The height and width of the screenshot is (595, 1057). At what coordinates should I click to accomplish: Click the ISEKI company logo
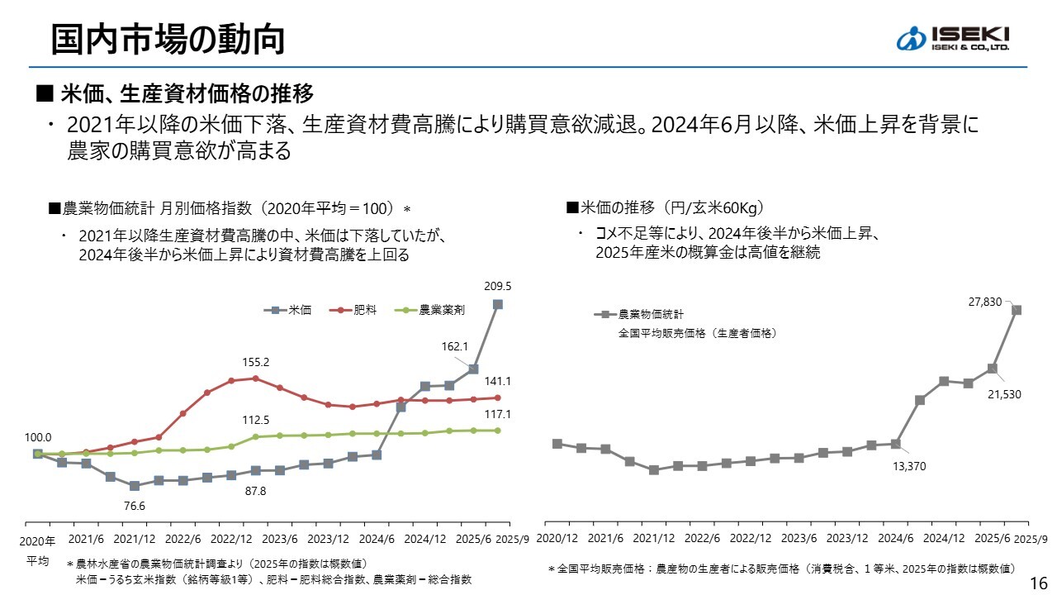(953, 38)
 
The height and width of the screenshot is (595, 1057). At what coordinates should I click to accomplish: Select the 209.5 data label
(498, 287)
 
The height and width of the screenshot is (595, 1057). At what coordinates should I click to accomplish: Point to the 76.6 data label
(134, 506)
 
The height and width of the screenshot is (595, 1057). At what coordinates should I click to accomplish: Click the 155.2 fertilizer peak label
(256, 362)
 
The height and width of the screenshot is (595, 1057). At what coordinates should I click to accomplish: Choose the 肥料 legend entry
(356, 311)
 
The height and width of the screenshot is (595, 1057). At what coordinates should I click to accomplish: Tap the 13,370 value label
(911, 466)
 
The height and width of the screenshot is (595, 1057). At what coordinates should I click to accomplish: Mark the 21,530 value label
(1005, 395)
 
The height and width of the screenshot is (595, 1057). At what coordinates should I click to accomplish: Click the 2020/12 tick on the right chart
(557, 538)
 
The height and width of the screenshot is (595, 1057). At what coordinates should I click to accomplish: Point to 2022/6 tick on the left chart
(183, 539)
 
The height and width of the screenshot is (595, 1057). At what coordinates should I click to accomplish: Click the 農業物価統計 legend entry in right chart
(651, 315)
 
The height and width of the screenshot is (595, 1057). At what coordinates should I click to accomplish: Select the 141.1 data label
(498, 381)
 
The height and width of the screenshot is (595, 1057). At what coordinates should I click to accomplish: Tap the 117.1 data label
(498, 414)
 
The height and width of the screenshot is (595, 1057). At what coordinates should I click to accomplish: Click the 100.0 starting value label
(38, 437)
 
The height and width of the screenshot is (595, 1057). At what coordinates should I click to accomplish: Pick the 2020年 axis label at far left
(38, 541)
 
